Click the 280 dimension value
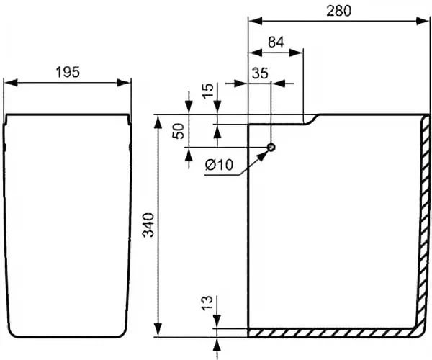pos(338,11)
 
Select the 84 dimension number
pos(276,42)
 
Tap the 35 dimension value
pos(260,73)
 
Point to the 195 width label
pos(68,72)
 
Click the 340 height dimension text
pos(148,225)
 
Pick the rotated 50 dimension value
pos(178,131)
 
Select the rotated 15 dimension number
pos(208,91)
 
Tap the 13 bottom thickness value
pos(207,303)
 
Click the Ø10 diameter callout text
pos(219,165)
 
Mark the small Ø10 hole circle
pos(271,148)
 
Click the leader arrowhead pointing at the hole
pos(262,156)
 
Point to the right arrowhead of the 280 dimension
pos(423,21)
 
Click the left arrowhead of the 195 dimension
pos(11,83)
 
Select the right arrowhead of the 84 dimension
pos(296,53)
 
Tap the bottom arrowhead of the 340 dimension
pos(158,330)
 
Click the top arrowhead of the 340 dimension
pos(158,122)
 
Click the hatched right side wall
pos(423,220)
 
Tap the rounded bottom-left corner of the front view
pos(11,333)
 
